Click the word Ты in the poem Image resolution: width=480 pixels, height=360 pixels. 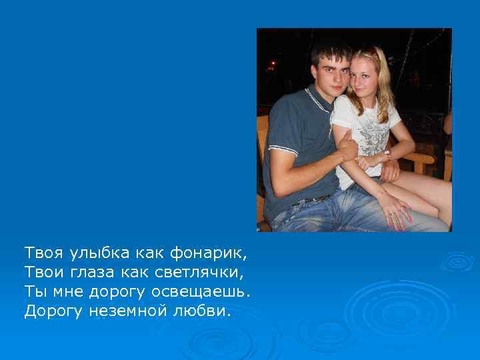click(x=34, y=292)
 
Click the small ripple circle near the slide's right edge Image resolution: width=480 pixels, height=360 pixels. click(x=457, y=262)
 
